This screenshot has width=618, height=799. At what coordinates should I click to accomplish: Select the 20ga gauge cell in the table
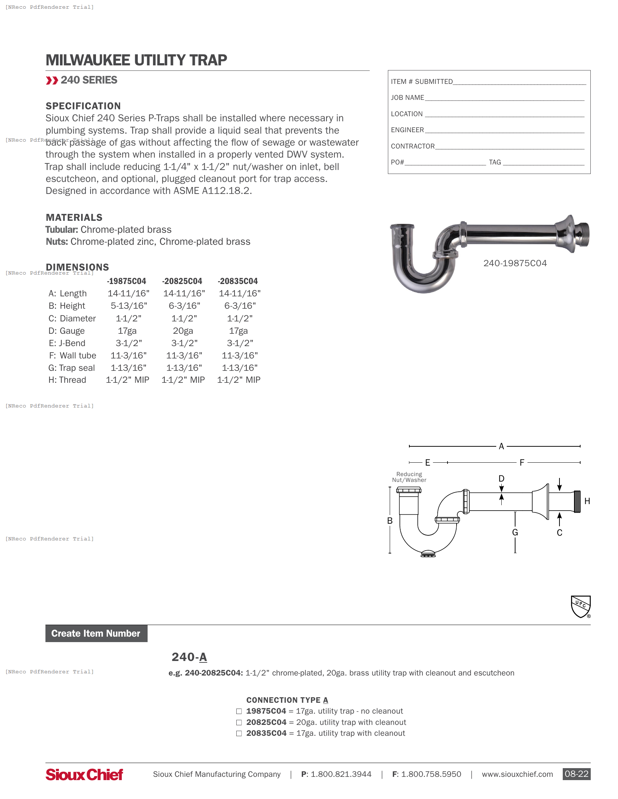tap(183, 331)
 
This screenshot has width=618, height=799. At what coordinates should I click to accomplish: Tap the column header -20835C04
tap(238, 281)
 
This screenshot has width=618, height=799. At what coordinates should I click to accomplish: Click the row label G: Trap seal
tap(72, 368)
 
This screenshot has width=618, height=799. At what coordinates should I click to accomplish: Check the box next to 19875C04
tap(239, 711)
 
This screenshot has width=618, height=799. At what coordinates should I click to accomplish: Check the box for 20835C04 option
tap(239, 734)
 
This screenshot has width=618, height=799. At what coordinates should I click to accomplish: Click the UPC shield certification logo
tap(581, 606)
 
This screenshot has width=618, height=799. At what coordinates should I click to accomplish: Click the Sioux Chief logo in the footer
tap(84, 774)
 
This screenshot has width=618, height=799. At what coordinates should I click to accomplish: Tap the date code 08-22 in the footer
tap(576, 774)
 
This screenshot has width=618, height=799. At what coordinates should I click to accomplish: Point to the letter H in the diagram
tap(587, 501)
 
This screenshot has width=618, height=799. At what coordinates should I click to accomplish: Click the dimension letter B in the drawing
tap(390, 520)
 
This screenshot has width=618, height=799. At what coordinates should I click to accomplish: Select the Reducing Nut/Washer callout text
tap(409, 477)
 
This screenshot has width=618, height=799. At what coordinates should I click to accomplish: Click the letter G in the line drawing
tap(515, 532)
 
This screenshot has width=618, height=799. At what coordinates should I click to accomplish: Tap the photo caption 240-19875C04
tap(515, 263)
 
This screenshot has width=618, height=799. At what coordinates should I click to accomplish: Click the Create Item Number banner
tap(96, 633)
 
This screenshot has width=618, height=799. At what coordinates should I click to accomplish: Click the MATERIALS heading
tap(74, 218)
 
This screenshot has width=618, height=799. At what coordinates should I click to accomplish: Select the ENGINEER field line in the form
tap(505, 130)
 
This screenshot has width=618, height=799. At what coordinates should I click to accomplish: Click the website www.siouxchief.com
tap(517, 774)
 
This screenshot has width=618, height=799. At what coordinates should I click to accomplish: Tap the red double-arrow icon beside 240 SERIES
tap(52, 81)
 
